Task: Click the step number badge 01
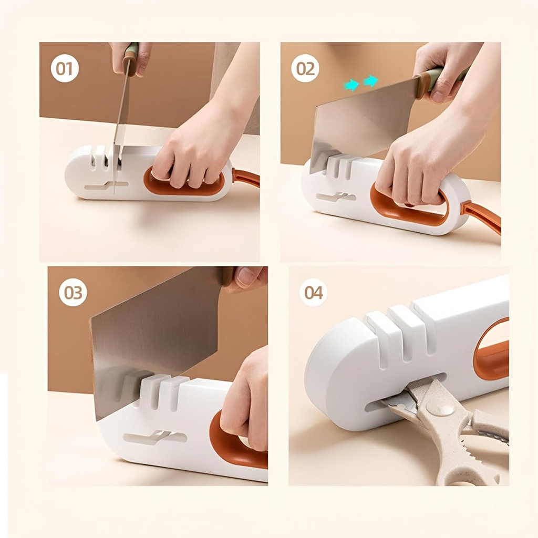(x=65, y=69)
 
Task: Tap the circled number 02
(x=305, y=69)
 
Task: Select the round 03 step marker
(x=73, y=293)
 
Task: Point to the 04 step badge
(x=313, y=293)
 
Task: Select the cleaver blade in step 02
(x=363, y=123)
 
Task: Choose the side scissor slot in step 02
(x=336, y=198)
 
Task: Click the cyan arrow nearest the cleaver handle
(x=370, y=81)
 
